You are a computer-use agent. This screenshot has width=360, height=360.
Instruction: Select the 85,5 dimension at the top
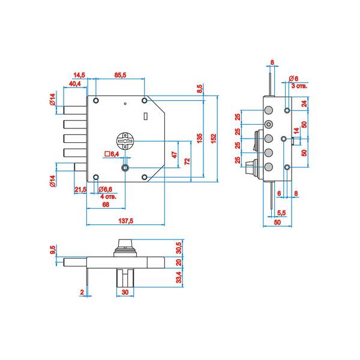pyautogui.click(x=120, y=74)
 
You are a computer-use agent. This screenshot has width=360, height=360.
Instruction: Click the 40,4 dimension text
pyautogui.click(x=76, y=83)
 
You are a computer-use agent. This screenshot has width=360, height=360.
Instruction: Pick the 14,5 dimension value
pyautogui.click(x=79, y=74)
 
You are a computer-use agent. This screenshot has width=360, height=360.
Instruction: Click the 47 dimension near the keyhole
pyautogui.click(x=175, y=154)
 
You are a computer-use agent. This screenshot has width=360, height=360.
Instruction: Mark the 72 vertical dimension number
pyautogui.click(x=187, y=161)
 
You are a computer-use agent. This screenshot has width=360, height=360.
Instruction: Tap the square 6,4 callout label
pyautogui.click(x=112, y=154)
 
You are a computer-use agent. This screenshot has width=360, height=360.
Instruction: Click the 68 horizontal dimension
pyautogui.click(x=105, y=205)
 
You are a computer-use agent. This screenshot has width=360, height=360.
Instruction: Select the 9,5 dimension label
pyautogui.click(x=54, y=248)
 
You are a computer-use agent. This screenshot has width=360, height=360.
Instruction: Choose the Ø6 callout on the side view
pyautogui.click(x=293, y=79)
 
